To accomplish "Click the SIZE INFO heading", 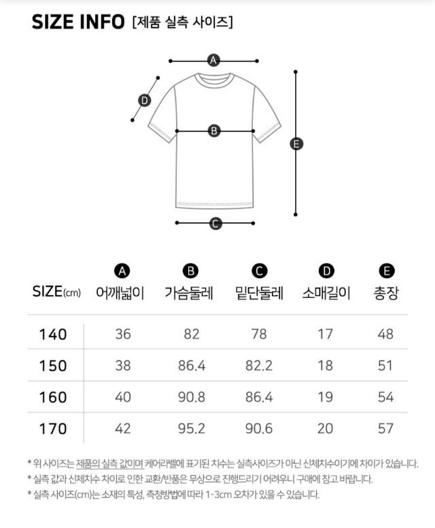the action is click(78, 22).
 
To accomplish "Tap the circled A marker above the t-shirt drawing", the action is click(213, 60).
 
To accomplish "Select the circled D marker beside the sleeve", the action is click(145, 100).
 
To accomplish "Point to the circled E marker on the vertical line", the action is click(296, 144).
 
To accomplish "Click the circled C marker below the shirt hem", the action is click(215, 223).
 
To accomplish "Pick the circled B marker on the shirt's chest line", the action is click(214, 131).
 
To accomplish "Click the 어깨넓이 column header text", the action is click(120, 293).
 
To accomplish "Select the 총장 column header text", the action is click(386, 293).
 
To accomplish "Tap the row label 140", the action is click(53, 335).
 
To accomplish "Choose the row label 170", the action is click(53, 429).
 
